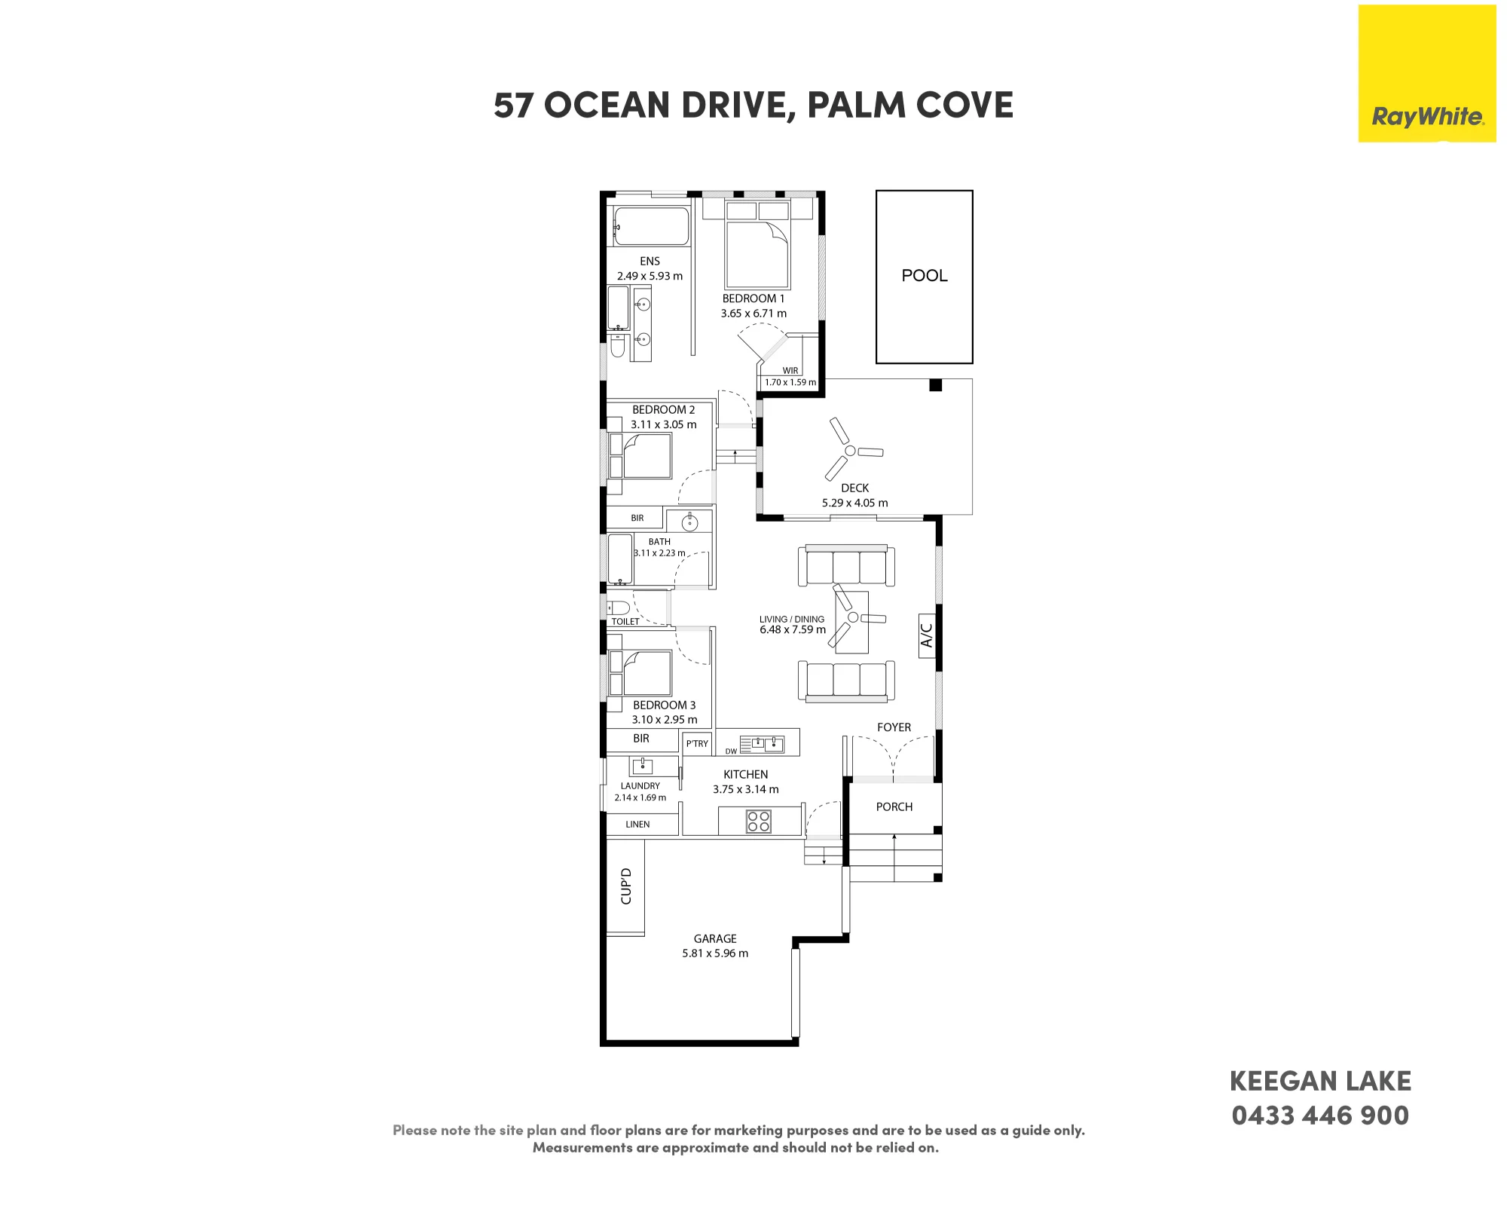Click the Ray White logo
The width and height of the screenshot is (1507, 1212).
[x=1427, y=74]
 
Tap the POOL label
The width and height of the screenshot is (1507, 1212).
[x=925, y=276]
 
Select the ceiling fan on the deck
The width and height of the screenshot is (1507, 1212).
[x=851, y=450]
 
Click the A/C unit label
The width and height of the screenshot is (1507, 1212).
[x=927, y=635]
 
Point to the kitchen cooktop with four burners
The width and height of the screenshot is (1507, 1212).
[x=759, y=821]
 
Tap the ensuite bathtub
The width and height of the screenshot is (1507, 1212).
[x=651, y=227]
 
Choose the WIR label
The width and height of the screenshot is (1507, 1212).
[x=790, y=371]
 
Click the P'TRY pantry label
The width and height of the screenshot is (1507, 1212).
[x=697, y=744]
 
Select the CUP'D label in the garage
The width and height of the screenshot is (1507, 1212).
[x=625, y=886]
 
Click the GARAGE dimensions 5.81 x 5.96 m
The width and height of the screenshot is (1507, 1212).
[x=715, y=953]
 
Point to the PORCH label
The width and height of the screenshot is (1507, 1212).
[x=894, y=807]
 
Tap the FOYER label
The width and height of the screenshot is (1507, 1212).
[x=894, y=727]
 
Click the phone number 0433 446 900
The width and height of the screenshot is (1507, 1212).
[x=1320, y=1116]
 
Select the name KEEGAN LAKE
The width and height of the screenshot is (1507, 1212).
[x=1320, y=1082]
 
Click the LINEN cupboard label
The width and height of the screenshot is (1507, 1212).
[x=637, y=825]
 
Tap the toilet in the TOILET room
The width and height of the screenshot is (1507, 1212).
[x=618, y=608]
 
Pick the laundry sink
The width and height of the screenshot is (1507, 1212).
[x=642, y=766]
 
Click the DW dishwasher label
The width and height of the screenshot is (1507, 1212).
[x=731, y=751]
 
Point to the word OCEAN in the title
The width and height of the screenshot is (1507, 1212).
[x=607, y=106]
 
